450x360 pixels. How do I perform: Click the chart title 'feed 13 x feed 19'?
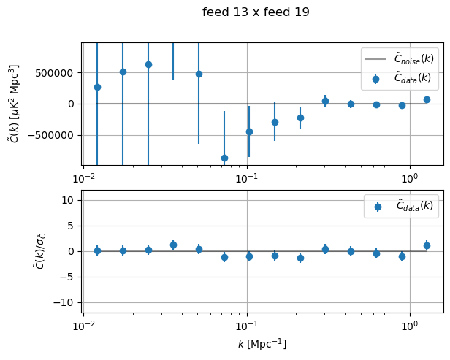click(256, 12)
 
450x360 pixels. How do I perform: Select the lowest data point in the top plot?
click(224, 158)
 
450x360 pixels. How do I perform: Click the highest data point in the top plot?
click(148, 64)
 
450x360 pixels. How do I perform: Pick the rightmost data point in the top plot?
click(427, 99)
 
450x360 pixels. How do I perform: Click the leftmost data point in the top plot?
click(97, 87)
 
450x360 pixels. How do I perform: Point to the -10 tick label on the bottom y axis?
click(66, 302)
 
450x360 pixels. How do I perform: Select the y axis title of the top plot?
click(14, 104)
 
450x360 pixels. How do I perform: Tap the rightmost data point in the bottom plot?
click(427, 245)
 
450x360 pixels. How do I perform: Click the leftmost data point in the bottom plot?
click(97, 250)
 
